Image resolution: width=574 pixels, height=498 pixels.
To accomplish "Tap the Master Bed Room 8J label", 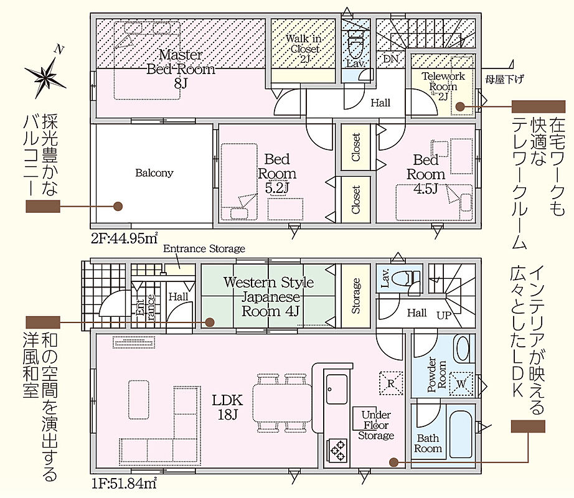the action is click(181, 70).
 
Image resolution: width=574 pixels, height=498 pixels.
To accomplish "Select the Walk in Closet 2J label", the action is click(303, 49).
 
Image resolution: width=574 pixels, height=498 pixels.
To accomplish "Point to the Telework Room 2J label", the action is click(443, 87).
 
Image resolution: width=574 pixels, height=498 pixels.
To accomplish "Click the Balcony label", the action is click(154, 172).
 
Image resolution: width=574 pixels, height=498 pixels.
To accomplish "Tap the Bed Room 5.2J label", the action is click(277, 174).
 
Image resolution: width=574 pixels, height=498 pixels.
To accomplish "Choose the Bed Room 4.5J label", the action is click(426, 174).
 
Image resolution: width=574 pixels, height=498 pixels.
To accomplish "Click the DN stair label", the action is click(390, 59).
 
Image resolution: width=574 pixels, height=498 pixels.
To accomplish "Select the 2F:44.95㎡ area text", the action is click(125, 238).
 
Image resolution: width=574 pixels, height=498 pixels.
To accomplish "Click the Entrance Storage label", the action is click(204, 249).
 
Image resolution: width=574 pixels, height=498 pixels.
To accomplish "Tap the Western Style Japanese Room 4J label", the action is click(269, 297).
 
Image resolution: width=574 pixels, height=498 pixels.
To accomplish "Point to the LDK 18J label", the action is click(227, 407).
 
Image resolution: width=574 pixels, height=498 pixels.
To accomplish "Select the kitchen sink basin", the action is click(337, 389).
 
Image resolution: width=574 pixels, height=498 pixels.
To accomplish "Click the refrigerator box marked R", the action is click(391, 383).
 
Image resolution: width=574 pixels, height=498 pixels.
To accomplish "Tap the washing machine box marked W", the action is click(461, 383).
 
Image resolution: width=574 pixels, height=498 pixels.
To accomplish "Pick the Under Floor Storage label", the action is click(376, 425).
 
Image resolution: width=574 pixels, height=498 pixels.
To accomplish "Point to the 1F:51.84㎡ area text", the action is click(124, 484).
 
